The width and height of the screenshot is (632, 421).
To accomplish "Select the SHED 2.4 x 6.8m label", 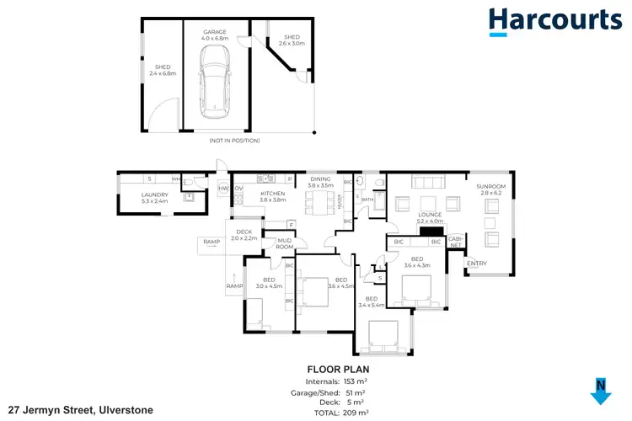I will (x=160, y=70).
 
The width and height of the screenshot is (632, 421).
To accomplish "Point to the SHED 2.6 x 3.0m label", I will (x=291, y=40).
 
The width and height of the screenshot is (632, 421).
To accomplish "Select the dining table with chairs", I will (x=318, y=200).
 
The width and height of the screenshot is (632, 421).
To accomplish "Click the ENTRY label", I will (x=477, y=264).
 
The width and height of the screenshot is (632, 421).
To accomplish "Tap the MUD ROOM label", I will (x=285, y=243).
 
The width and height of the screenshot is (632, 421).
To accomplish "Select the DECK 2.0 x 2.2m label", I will (x=244, y=235).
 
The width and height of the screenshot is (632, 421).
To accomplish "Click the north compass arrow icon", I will (x=600, y=392).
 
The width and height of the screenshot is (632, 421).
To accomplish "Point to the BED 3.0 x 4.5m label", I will (x=269, y=283).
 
